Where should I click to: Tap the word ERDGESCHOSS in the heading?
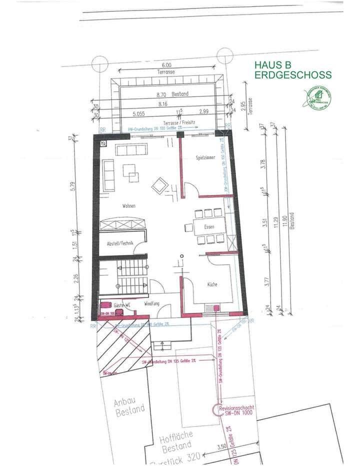pos(293,75)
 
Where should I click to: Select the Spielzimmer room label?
pos(206,158)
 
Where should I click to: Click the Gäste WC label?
pos(122,304)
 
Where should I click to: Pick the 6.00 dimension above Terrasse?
pos(166,65)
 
